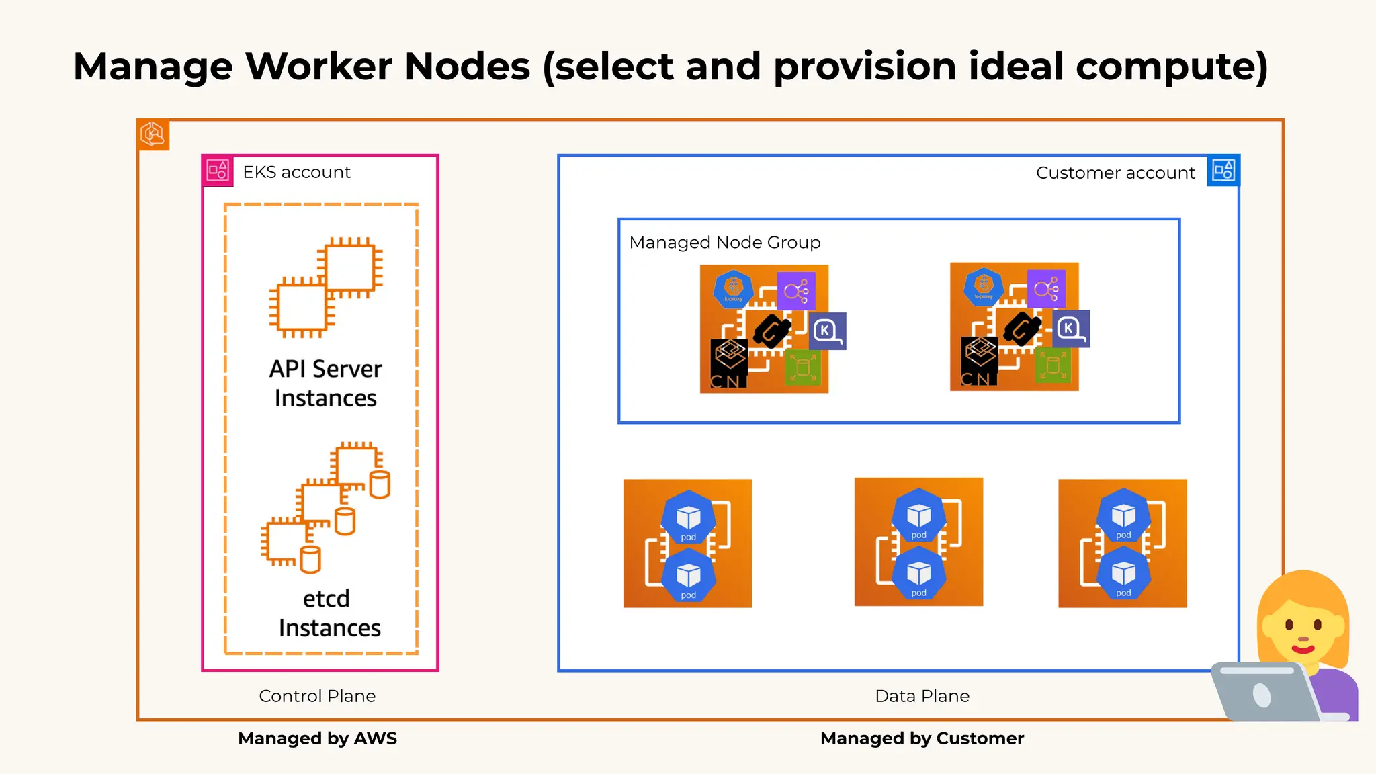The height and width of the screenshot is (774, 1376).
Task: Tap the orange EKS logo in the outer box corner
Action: [153, 134]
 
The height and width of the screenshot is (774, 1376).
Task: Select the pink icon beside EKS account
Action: [218, 171]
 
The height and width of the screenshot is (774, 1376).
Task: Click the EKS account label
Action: [296, 173]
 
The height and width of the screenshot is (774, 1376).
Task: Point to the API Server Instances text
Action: [326, 384]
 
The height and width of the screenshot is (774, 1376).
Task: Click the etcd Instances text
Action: [329, 613]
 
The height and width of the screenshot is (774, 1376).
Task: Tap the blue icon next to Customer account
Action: [1223, 171]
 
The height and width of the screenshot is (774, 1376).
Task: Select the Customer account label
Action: [1115, 173]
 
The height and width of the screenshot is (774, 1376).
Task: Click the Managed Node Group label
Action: [725, 243]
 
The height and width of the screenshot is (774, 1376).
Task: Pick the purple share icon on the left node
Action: [796, 291]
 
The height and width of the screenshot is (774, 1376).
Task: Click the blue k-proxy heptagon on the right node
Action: [984, 287]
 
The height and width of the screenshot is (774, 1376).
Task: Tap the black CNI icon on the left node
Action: [729, 363]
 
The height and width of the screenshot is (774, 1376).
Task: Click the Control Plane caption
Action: [317, 696]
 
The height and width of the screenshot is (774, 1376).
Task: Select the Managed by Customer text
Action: [922, 738]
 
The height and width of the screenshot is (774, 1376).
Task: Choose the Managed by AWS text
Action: [317, 738]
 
